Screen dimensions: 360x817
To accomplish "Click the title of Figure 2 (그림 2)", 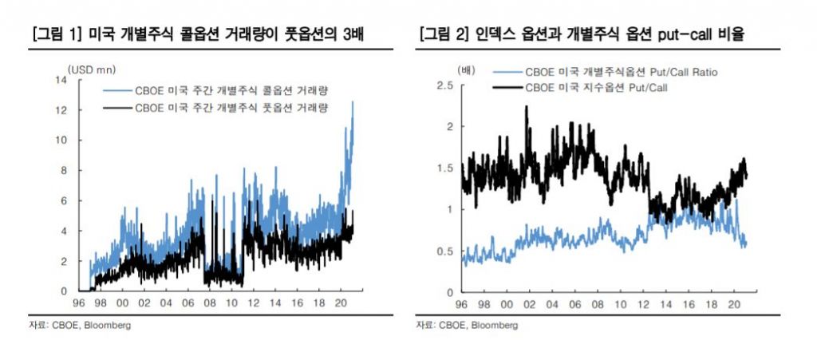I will (587, 34).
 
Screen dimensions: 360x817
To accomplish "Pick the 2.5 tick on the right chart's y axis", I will (446, 85).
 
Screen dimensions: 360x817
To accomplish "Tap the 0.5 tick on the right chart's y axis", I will (446, 251).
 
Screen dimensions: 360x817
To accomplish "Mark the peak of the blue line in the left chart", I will (353, 101).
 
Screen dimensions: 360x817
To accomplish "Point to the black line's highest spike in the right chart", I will (527, 106).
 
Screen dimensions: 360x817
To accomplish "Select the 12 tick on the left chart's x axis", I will (253, 303).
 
